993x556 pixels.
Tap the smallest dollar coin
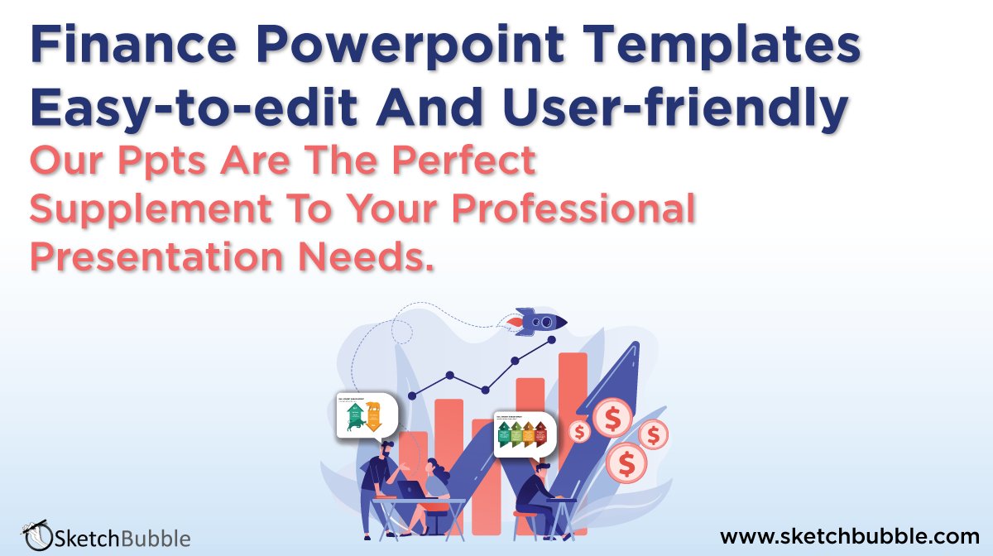580,431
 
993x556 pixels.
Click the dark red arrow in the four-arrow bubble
541,432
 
